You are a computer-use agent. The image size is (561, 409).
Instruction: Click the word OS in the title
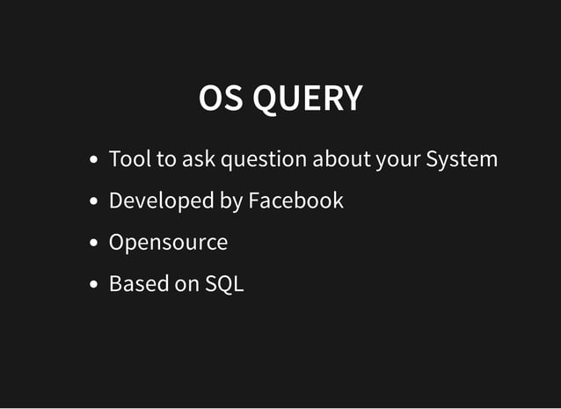(222, 99)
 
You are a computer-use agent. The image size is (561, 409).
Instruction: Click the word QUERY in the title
(307, 99)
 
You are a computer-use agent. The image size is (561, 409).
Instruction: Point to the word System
(462, 160)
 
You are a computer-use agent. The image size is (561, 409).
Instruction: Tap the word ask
(199, 159)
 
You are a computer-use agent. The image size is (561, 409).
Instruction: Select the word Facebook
(295, 201)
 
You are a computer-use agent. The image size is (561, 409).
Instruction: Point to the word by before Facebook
(230, 201)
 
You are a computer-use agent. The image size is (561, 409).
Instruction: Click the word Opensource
(168, 243)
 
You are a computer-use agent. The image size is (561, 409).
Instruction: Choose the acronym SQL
(224, 284)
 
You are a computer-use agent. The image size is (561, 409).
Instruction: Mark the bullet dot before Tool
(94, 161)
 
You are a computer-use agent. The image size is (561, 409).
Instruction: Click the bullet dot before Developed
(94, 202)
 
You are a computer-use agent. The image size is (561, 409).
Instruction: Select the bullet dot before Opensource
(94, 244)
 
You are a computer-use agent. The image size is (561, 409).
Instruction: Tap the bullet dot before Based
(94, 285)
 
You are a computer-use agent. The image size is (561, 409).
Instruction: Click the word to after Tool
(166, 159)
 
